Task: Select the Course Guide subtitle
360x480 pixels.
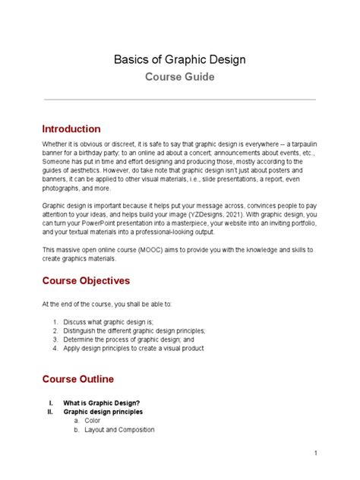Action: pos(179,77)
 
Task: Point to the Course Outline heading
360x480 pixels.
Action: pos(78,378)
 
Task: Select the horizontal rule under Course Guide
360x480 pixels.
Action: pos(179,99)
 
